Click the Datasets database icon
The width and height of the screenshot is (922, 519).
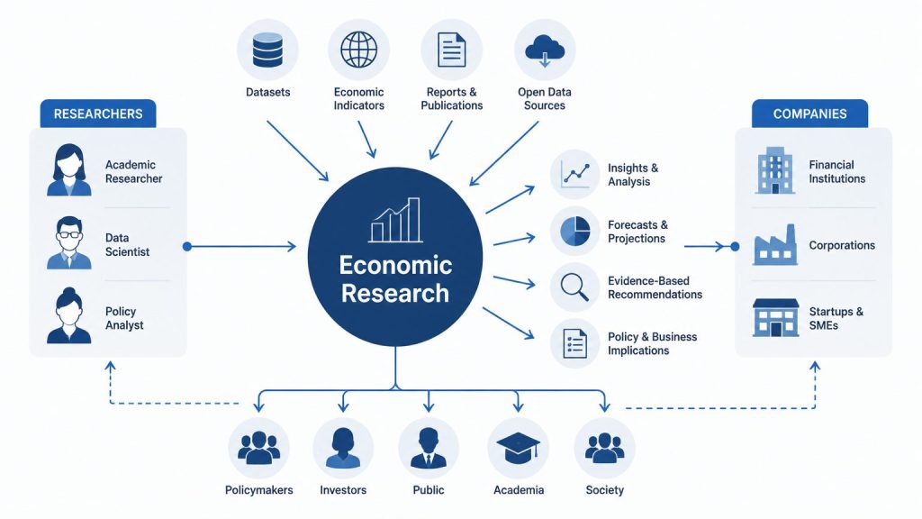click(267, 50)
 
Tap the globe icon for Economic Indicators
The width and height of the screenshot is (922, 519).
click(358, 50)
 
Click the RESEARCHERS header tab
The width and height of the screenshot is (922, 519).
click(98, 114)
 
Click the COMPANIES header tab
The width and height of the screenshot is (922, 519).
click(809, 114)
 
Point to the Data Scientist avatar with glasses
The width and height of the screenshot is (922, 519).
click(69, 243)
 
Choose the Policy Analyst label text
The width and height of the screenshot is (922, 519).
click(124, 318)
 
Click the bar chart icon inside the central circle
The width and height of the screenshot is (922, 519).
click(396, 220)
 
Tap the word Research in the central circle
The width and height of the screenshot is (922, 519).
click(395, 293)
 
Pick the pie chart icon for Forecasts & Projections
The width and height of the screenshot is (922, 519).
click(575, 231)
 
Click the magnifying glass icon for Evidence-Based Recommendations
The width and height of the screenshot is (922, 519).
click(574, 287)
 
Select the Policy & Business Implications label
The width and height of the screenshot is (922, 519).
click(652, 343)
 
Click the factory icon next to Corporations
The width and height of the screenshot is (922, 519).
click(775, 245)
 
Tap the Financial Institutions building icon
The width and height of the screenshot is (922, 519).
click(775, 170)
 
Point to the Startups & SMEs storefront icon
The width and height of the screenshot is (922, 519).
click(776, 318)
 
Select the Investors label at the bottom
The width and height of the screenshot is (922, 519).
click(343, 489)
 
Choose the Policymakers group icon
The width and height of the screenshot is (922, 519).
click(258, 449)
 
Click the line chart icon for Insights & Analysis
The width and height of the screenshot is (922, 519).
click(575, 174)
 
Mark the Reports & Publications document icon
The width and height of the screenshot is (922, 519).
click(452, 50)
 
